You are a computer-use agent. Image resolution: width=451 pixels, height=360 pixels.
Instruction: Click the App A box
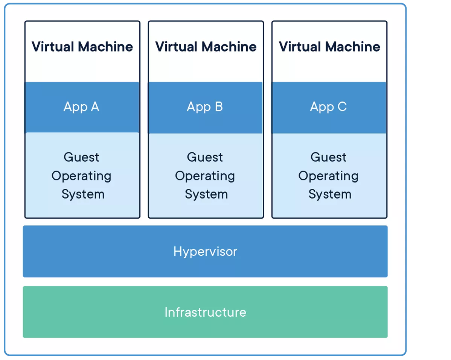[82, 107]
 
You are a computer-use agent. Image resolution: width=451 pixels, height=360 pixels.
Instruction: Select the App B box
[205, 107]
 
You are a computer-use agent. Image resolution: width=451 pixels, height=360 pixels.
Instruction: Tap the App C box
[329, 107]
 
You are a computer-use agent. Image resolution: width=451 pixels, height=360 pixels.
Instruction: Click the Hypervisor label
[205, 251]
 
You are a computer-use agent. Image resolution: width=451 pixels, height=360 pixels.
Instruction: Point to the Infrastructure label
[205, 312]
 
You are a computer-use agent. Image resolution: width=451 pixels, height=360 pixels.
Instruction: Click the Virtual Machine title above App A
[82, 47]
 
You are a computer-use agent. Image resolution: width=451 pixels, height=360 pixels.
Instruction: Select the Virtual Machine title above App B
[206, 47]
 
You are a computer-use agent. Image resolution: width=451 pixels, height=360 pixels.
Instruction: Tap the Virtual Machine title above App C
[329, 47]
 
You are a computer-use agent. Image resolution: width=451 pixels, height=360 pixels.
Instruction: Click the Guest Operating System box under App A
[82, 175]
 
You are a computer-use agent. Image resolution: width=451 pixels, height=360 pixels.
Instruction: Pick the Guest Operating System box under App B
[206, 175]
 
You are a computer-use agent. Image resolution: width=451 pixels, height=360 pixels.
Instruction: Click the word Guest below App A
[81, 157]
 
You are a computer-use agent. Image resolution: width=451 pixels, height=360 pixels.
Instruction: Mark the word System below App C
[330, 194]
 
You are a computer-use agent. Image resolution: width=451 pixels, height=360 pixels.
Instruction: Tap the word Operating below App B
[205, 176]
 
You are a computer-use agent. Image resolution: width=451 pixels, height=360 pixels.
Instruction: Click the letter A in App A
[94, 107]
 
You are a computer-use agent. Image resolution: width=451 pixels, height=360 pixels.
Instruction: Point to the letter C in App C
[342, 107]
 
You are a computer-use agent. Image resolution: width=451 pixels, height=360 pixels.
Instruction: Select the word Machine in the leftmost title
[105, 47]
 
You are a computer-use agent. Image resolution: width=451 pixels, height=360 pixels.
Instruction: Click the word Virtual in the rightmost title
[300, 47]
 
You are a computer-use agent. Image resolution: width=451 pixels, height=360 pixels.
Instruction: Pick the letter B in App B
[218, 107]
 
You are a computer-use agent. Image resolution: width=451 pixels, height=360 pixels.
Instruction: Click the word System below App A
[83, 194]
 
